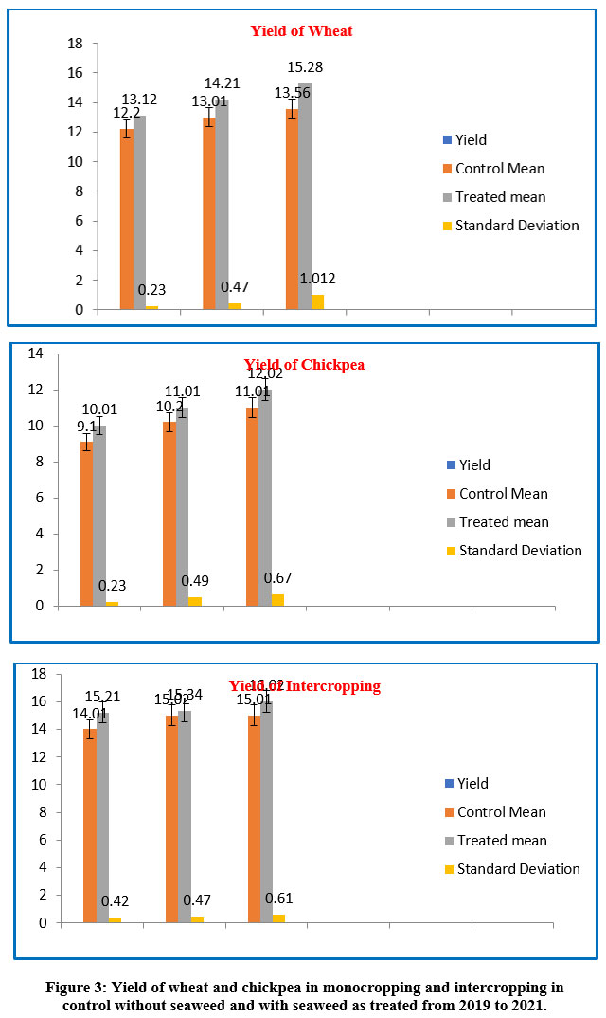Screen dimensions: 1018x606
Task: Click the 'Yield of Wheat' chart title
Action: [301, 31]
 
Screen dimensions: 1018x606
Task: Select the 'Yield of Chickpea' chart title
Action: [304, 365]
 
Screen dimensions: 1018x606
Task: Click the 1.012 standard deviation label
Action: [317, 279]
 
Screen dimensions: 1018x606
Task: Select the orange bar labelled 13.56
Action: [292, 209]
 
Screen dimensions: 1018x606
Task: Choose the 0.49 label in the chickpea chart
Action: [194, 581]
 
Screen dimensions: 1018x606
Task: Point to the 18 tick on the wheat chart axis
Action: [76, 44]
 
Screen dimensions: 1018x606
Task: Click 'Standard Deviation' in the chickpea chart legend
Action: [520, 551]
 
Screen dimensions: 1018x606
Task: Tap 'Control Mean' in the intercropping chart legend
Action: [501, 812]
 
